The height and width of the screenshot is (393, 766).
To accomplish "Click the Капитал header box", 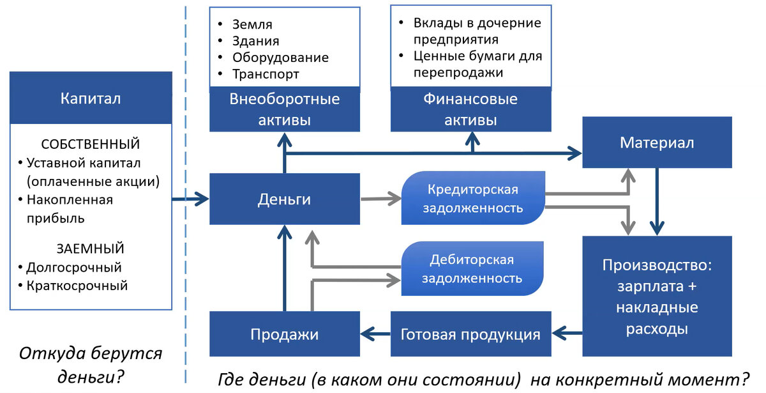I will [91, 98].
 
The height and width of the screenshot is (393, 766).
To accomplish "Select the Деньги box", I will [284, 199].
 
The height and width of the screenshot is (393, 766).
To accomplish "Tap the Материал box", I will [656, 142].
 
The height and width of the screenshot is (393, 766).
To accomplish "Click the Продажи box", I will [284, 334].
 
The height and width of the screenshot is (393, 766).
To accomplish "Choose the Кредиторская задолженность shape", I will [472, 198].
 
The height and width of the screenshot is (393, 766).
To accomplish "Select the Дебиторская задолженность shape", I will [472, 268].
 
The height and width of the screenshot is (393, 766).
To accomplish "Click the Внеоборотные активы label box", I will [284, 110].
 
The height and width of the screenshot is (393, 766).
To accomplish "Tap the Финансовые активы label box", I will [470, 110].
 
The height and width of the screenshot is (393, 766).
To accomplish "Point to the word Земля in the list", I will [252, 24].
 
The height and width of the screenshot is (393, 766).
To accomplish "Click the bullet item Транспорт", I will [266, 74].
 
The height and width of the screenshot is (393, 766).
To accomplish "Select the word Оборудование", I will [280, 58].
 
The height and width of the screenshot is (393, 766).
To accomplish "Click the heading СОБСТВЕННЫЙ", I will [90, 144].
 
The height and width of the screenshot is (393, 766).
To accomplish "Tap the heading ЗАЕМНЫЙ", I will [90, 249].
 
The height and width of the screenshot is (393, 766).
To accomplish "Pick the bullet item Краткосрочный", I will [77, 286].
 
